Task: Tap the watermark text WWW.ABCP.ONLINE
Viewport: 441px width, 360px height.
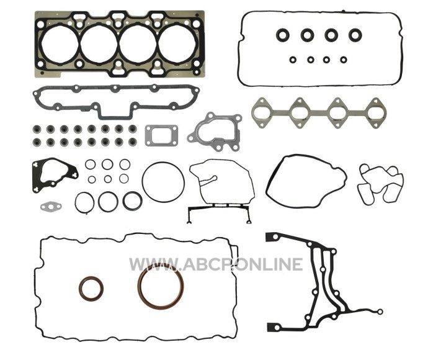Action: pyautogui.click(x=216, y=264)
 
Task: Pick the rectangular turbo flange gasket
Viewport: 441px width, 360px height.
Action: pyautogui.click(x=148, y=136)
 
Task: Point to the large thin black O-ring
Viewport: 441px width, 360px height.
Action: pyautogui.click(x=143, y=182)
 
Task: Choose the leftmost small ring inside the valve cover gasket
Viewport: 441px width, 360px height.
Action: pyautogui.click(x=293, y=60)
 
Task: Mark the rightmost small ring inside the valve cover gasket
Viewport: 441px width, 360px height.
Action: pyautogui.click(x=344, y=60)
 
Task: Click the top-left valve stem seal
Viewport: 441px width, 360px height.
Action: pyautogui.click(x=37, y=129)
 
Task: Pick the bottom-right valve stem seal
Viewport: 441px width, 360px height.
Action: pyautogui.click(x=133, y=142)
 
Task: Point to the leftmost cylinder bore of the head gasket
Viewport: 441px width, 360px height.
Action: pyautogui.click(x=60, y=44)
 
